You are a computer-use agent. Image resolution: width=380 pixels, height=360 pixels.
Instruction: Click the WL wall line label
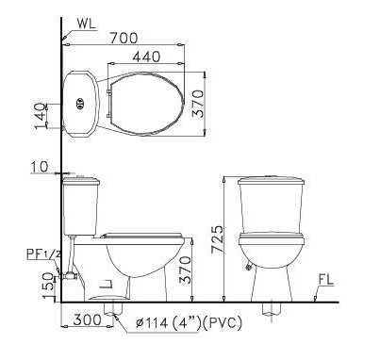pyautogui.click(x=86, y=25)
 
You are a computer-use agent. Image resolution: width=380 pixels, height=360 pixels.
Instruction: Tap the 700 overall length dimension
pyautogui.click(x=124, y=38)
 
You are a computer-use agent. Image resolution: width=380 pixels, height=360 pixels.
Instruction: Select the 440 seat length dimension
pyautogui.click(x=146, y=57)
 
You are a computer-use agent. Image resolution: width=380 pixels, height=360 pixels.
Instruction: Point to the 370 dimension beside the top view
pyautogui.click(x=198, y=104)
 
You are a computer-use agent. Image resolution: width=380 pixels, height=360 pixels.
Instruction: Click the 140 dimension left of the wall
pyautogui.click(x=41, y=116)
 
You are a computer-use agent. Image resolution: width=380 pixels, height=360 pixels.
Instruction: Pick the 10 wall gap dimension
pyautogui.click(x=40, y=167)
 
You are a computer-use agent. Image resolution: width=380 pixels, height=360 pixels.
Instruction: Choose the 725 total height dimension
pyautogui.click(x=217, y=238)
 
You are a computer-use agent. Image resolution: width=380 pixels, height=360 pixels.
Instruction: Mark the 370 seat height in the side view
pyautogui.click(x=185, y=270)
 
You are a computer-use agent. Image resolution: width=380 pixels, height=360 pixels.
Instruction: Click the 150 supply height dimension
pyautogui.click(x=47, y=286)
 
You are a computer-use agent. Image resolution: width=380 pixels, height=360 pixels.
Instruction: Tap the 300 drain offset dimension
pyautogui.click(x=88, y=320)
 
